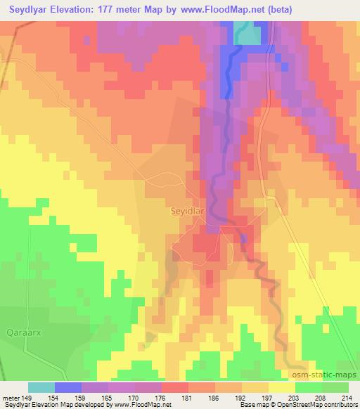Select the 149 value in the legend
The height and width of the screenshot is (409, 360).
tap(27, 397)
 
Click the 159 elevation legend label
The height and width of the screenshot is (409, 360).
tap(82, 397)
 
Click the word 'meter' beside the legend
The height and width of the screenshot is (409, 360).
tap(10, 397)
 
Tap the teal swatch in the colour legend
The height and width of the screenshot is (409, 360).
tap(41, 387)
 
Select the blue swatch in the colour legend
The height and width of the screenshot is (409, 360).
tap(67, 387)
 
